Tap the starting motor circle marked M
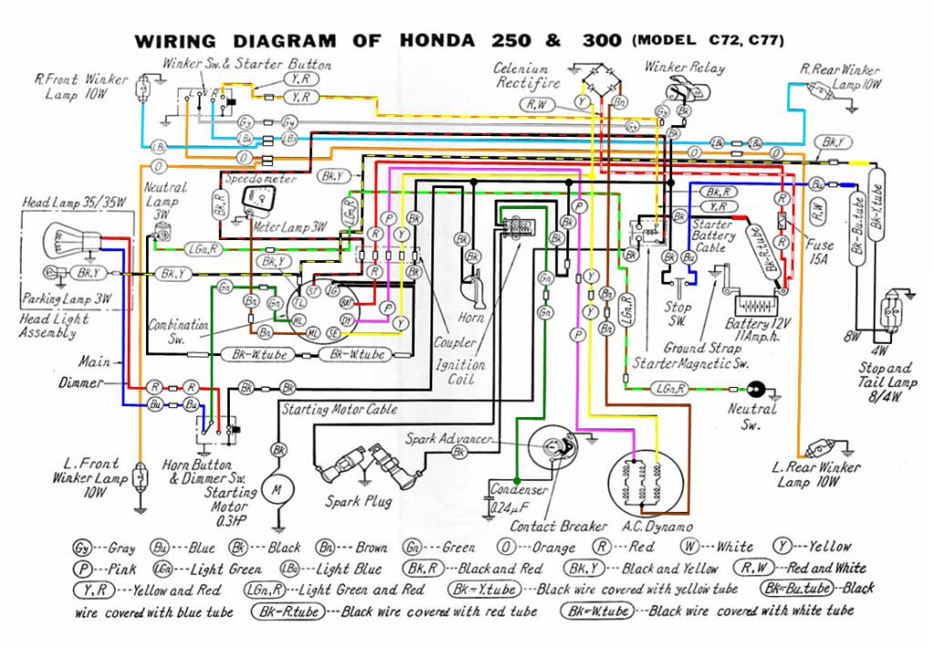click(x=275, y=489)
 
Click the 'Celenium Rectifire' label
click(x=522, y=76)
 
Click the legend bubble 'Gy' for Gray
click(x=82, y=548)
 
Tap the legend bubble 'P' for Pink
click(x=83, y=568)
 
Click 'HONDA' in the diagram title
click(x=437, y=42)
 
